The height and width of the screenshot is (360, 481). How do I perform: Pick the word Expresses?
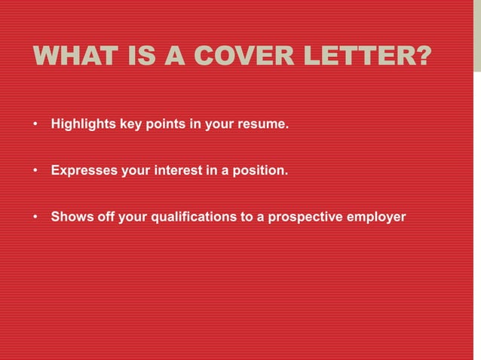81,171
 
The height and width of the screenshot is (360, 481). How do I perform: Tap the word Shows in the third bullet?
69,218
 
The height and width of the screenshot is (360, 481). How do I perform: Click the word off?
100,218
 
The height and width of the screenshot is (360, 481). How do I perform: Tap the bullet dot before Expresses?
35,171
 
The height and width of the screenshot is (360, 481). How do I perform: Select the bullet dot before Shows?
35,218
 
